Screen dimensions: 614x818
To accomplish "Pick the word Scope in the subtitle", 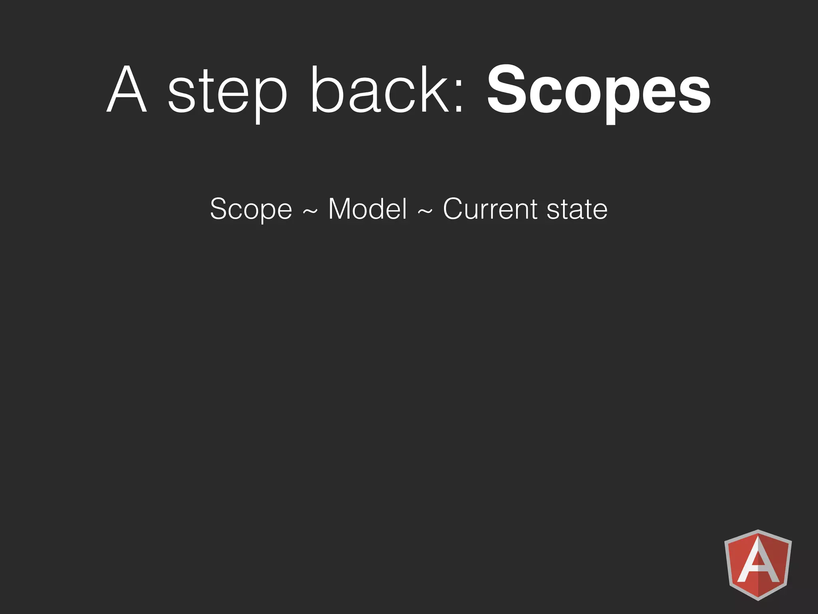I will click(x=251, y=209).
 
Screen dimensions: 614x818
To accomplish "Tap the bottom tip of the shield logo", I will click(x=758, y=599).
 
